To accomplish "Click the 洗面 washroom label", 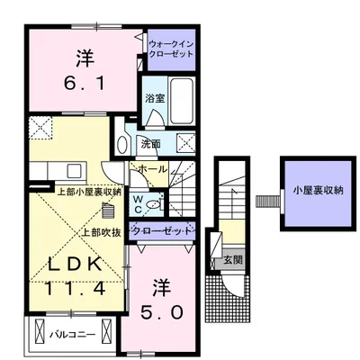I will tap(149, 143).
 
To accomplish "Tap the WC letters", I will tap(139, 202).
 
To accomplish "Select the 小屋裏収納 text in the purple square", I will tap(314, 191).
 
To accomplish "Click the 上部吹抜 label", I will tap(99, 231).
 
